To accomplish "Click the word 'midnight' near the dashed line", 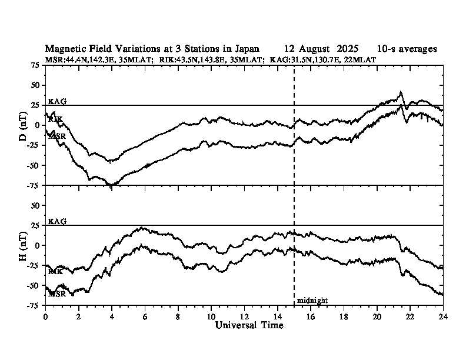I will tap(312, 300).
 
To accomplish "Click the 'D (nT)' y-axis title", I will tap(23, 125).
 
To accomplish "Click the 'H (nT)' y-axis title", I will tap(23, 245).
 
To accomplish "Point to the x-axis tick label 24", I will tap(442, 316).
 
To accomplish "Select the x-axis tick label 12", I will tap(244, 316).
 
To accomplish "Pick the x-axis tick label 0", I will tap(46, 316).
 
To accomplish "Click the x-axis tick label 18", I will tap(343, 316).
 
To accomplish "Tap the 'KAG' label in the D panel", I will tap(57, 101).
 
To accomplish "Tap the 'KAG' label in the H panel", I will tap(57, 221).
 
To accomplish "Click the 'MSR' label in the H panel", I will tap(56, 293).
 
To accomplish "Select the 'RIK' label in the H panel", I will tap(56, 271).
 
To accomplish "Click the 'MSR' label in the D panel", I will tap(56, 136).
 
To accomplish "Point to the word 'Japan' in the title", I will tap(245, 49).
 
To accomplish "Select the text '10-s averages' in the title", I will tap(407, 49).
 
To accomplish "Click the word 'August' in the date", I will tap(314, 49).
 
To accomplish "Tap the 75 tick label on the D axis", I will tap(35, 66).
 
